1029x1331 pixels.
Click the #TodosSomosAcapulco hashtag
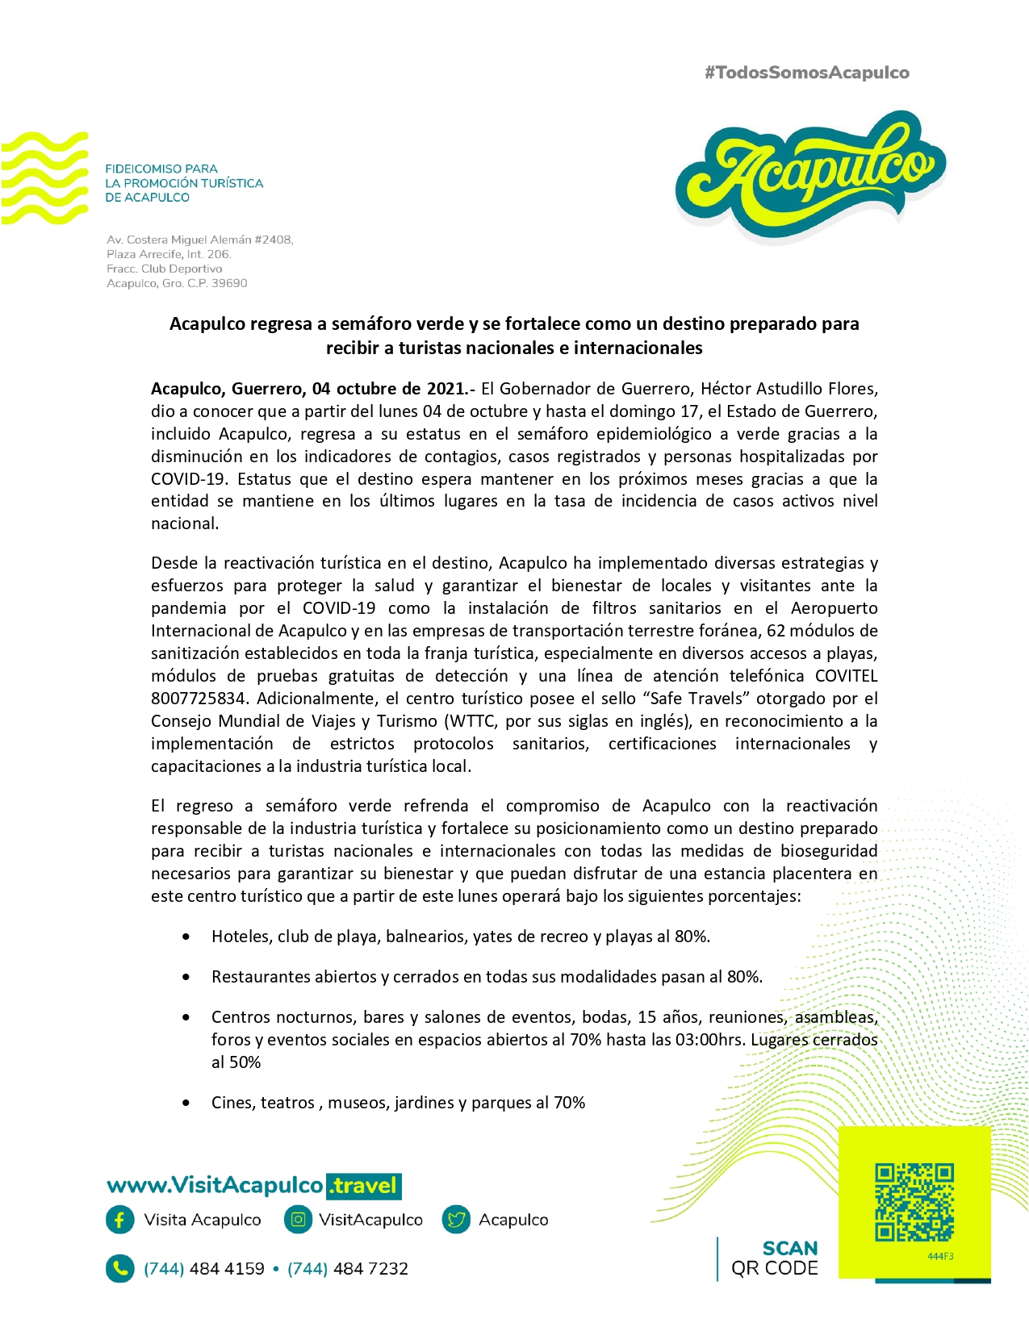[x=806, y=73]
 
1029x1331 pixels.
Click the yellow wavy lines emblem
[x=44, y=178]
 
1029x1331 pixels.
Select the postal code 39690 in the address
[x=229, y=283]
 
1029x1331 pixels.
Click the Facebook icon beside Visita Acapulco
[x=119, y=1220]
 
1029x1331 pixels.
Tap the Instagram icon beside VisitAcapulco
[x=298, y=1220]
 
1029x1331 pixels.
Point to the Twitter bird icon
[x=457, y=1220]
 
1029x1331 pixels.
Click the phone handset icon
[x=119, y=1268]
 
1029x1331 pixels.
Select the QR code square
[x=914, y=1201]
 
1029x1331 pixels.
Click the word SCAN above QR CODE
[x=789, y=1249]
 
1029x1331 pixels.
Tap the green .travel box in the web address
[x=364, y=1185]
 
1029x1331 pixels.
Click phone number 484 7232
[x=370, y=1269]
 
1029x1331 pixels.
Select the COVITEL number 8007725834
[x=198, y=699]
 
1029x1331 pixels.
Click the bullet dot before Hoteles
[x=186, y=937]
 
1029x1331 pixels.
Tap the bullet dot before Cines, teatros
[x=186, y=1104]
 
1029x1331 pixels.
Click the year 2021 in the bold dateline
[x=445, y=389]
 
